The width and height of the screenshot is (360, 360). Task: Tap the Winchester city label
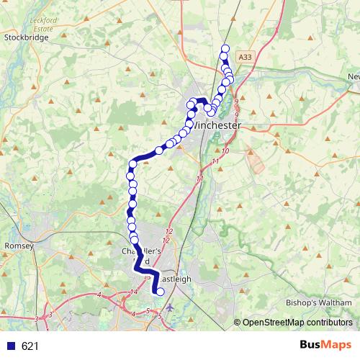[x=217, y=125]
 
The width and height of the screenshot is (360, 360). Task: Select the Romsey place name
[x=19, y=246]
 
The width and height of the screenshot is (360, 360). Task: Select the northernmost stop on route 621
[x=225, y=48]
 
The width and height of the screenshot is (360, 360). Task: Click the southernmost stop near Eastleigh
[x=160, y=292]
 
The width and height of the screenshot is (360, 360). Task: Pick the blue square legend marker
[x=9, y=346]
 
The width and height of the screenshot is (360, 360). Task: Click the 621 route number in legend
[x=30, y=346]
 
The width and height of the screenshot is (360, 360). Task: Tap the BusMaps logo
[x=327, y=346]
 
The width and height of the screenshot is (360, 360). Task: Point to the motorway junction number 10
[x=225, y=151]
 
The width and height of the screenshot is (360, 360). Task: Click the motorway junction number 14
[x=134, y=292]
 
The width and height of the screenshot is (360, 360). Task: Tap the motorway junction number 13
[x=148, y=278]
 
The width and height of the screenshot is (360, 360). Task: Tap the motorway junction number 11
[x=199, y=178]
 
